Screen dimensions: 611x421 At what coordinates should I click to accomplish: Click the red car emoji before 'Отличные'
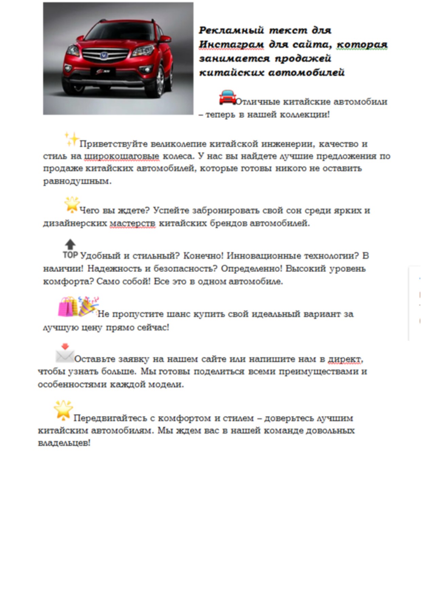coord(227,97)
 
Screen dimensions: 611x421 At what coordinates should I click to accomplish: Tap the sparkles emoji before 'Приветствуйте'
coord(72,139)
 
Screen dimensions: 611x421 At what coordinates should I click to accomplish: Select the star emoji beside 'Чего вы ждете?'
coord(72,205)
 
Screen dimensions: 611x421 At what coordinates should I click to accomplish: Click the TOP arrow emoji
coord(70,249)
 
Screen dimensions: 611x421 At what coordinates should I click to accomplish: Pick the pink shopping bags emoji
coord(68,307)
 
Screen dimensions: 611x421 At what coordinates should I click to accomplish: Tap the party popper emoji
coord(88,306)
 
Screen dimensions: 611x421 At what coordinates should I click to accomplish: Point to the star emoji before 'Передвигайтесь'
coord(63,410)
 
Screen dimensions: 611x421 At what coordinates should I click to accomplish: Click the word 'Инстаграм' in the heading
coord(231,44)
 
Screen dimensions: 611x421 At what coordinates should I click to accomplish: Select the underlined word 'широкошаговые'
coord(122,156)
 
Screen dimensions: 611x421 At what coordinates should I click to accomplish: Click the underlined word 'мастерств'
coord(132,223)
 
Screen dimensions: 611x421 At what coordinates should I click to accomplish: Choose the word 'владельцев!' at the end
coord(64,443)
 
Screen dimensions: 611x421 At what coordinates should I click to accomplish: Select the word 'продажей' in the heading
coord(303,58)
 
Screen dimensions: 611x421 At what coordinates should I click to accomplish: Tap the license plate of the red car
coord(103,72)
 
